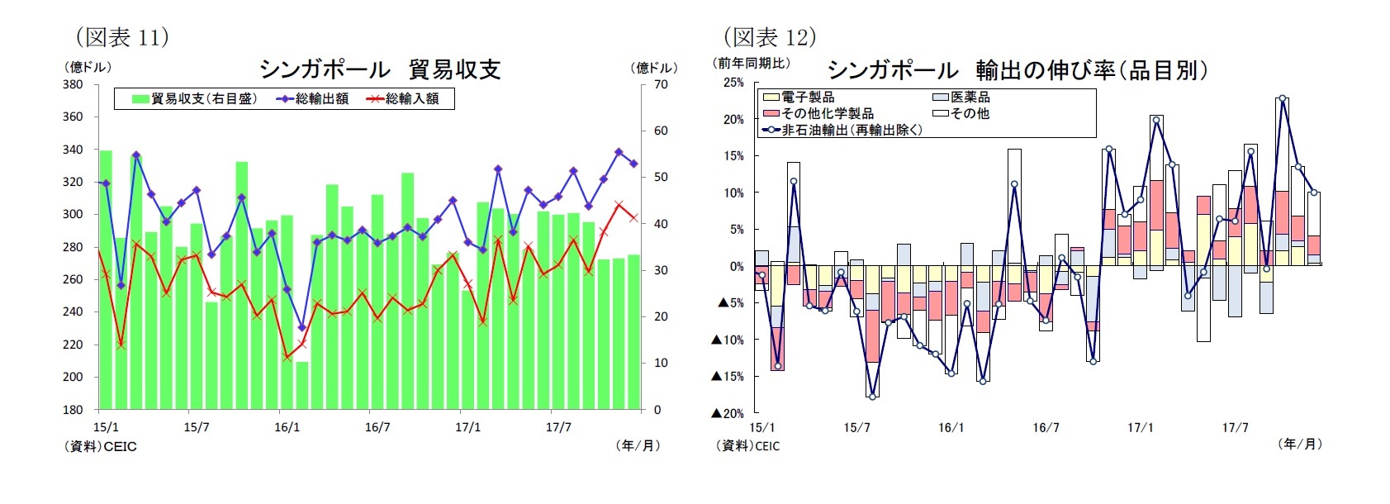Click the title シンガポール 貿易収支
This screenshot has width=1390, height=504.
point(380,69)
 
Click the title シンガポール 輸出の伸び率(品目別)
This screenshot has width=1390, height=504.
point(1017,69)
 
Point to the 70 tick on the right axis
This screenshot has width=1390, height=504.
point(661,84)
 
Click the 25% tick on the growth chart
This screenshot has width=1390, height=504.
point(733,83)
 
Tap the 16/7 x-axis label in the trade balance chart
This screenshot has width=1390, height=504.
point(377,427)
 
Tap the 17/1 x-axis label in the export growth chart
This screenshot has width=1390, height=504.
point(1140,427)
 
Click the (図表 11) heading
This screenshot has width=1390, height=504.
point(122,37)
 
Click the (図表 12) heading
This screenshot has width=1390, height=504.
point(769,37)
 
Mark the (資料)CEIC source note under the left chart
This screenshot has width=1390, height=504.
point(101,446)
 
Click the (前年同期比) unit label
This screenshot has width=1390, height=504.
point(751,63)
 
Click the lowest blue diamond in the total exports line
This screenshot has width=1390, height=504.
point(301,328)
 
